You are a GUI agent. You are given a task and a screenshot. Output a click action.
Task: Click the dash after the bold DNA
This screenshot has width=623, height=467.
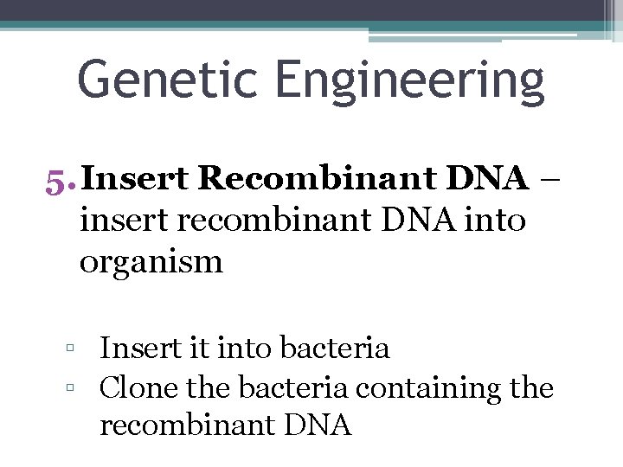[x=550, y=179]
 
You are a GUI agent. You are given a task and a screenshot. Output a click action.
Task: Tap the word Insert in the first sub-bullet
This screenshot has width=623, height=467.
[x=140, y=349]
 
